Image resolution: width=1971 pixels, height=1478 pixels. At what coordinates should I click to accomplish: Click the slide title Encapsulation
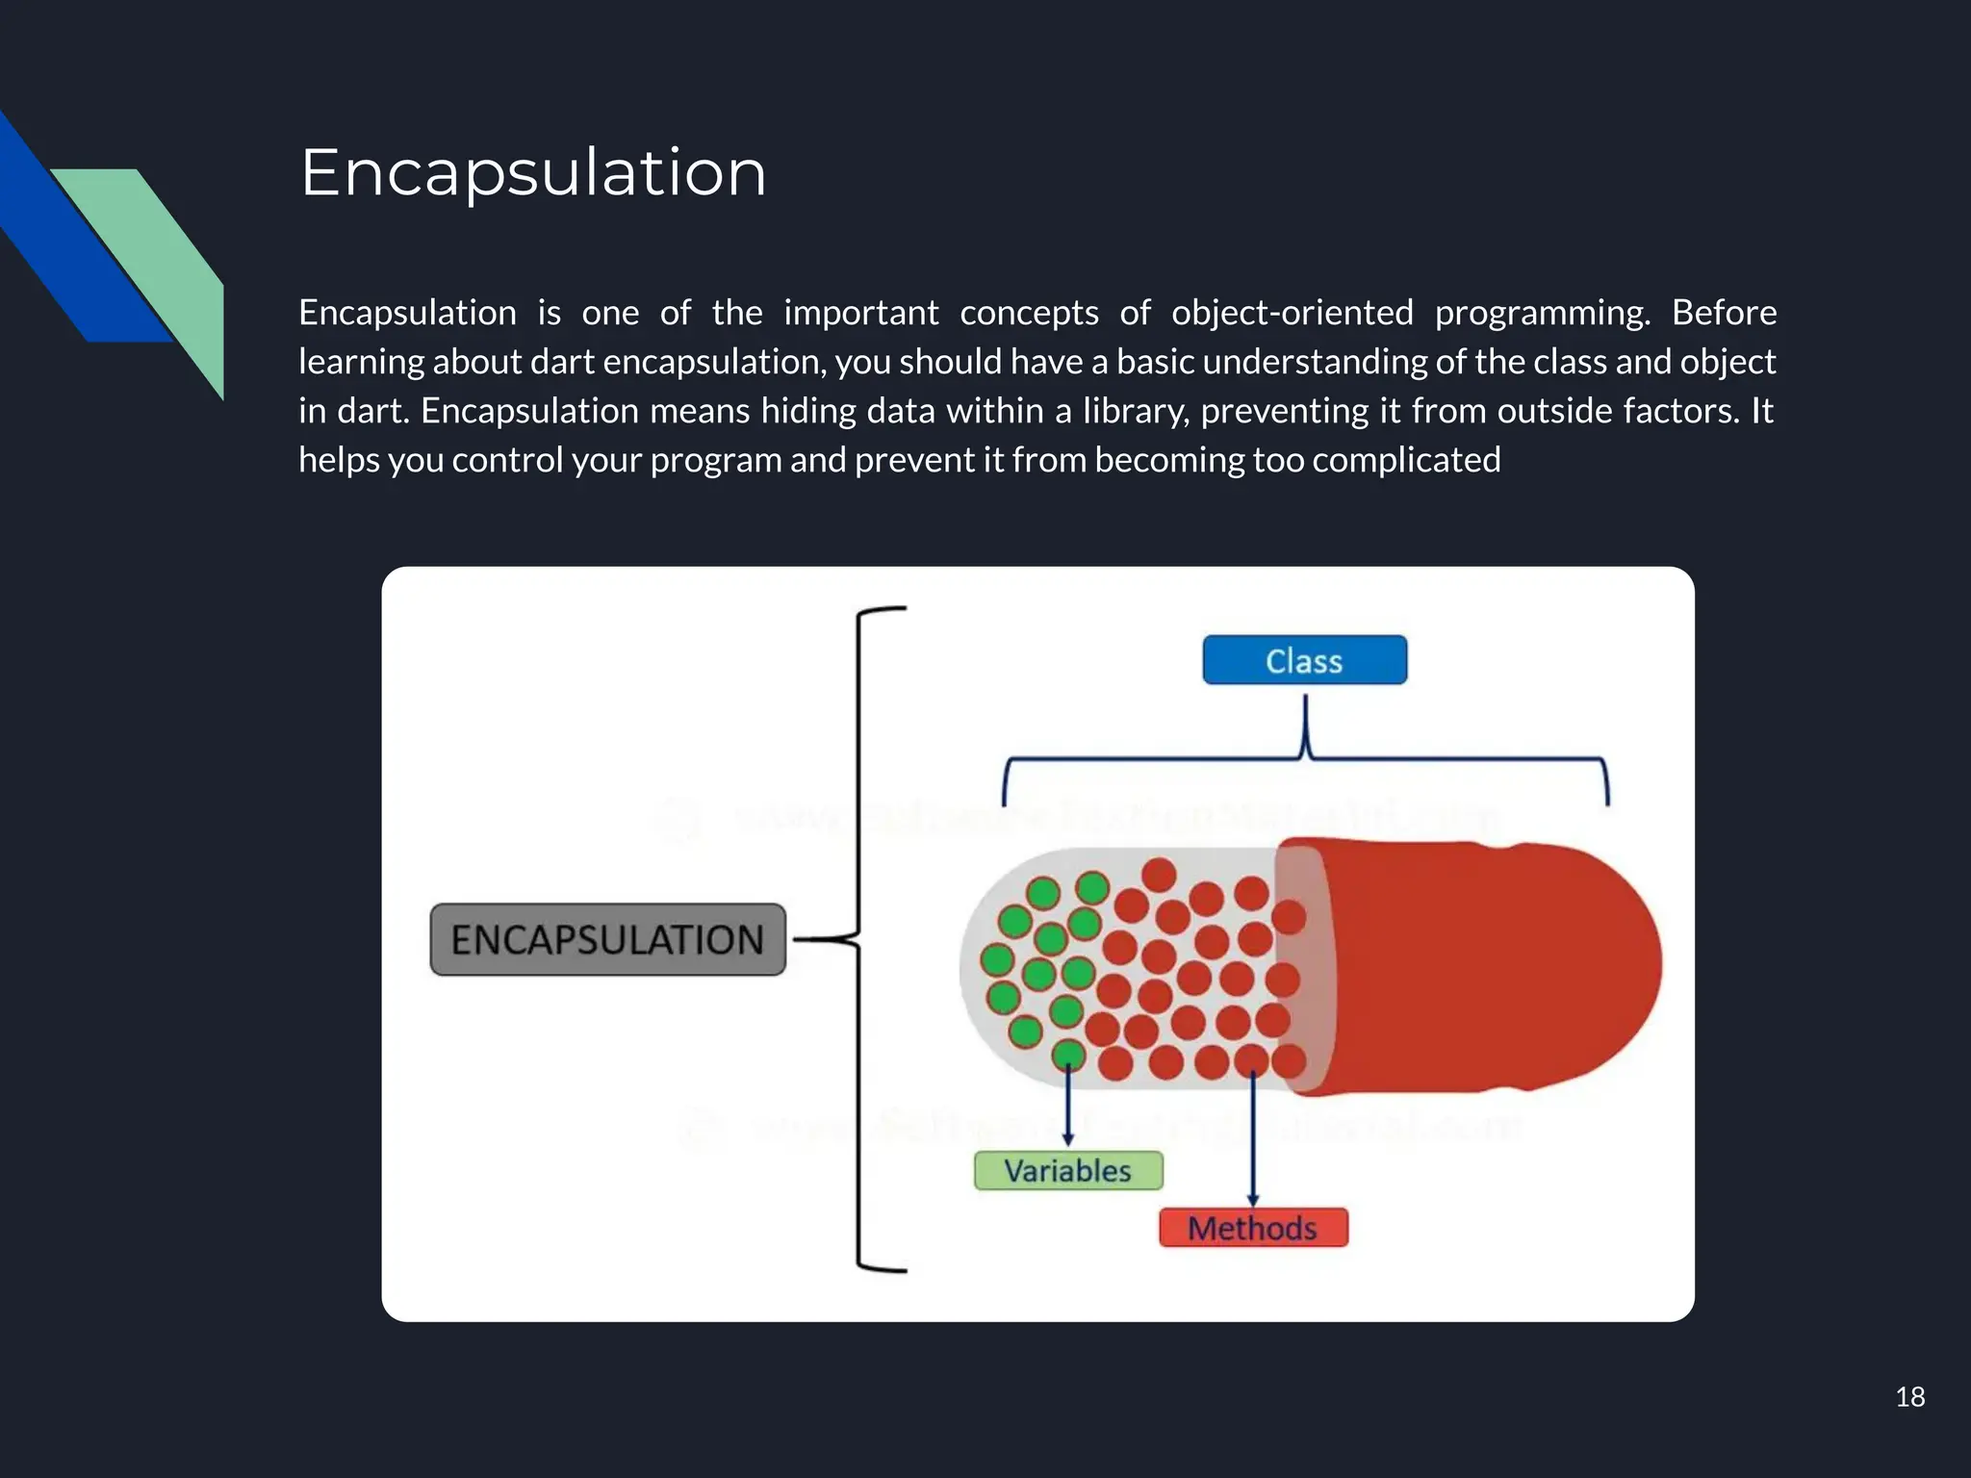(x=533, y=173)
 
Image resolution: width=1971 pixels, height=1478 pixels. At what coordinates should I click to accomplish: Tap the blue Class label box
(x=1304, y=661)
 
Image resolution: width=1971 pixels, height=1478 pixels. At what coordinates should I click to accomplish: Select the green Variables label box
(x=1068, y=1171)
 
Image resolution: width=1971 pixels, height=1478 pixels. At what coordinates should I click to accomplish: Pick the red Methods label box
(x=1252, y=1228)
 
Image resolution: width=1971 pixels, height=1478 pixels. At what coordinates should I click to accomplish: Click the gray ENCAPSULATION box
(x=607, y=939)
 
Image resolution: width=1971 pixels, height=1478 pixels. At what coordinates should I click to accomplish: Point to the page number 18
(x=1909, y=1397)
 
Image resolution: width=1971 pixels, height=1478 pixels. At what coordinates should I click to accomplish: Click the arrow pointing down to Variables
(x=1068, y=1107)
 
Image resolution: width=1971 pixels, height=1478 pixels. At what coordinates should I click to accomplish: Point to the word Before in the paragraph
(x=1724, y=314)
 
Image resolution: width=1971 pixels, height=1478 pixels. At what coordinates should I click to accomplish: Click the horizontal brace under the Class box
(x=1306, y=760)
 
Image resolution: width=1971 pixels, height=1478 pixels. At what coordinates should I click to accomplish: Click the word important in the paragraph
(x=860, y=314)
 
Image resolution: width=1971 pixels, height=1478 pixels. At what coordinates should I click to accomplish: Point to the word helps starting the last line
(x=339, y=461)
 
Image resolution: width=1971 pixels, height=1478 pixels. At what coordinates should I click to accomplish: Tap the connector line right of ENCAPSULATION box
(x=818, y=939)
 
